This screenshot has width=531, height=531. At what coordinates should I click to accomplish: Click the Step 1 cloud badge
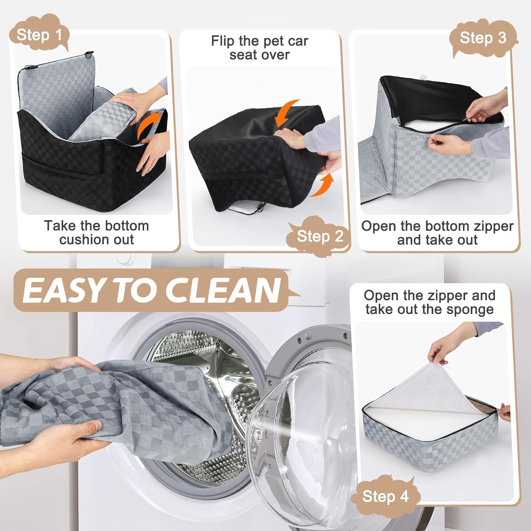coord(39,35)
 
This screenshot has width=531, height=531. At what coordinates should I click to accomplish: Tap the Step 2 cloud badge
coord(320,236)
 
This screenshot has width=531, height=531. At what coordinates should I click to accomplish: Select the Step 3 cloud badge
coord(483,38)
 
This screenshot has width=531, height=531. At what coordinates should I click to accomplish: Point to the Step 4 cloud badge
coord(385,496)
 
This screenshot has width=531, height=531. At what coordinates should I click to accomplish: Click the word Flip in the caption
coord(222,41)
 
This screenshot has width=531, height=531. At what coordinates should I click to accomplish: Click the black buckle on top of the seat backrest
coord(89,55)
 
